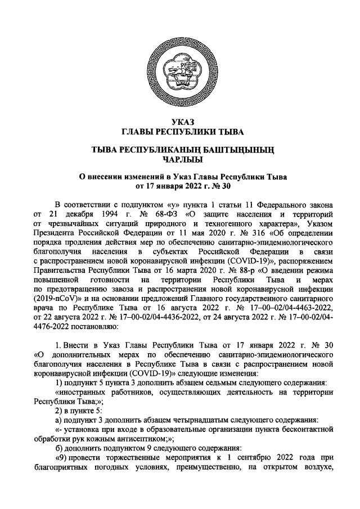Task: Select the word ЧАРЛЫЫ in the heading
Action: pyautogui.click(x=179, y=159)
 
